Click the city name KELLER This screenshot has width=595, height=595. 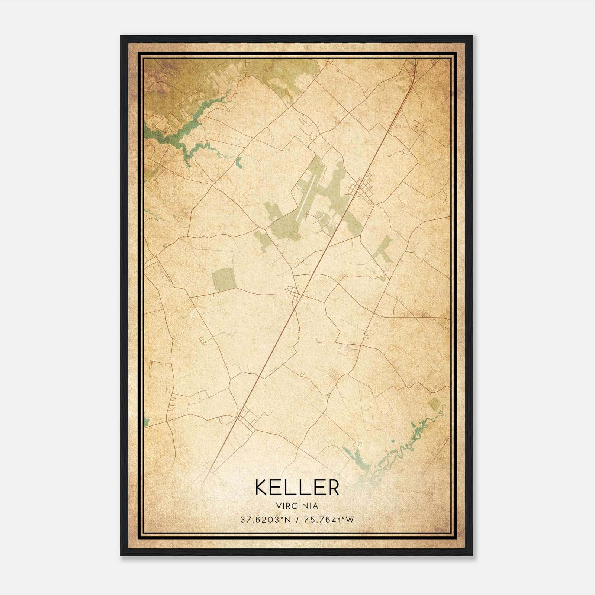(297, 487)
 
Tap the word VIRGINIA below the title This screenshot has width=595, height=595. (297, 506)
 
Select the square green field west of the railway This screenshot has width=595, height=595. (223, 280)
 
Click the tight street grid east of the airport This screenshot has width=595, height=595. (360, 190)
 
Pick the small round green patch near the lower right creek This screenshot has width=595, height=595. (434, 403)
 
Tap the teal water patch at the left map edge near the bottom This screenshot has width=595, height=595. (146, 421)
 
